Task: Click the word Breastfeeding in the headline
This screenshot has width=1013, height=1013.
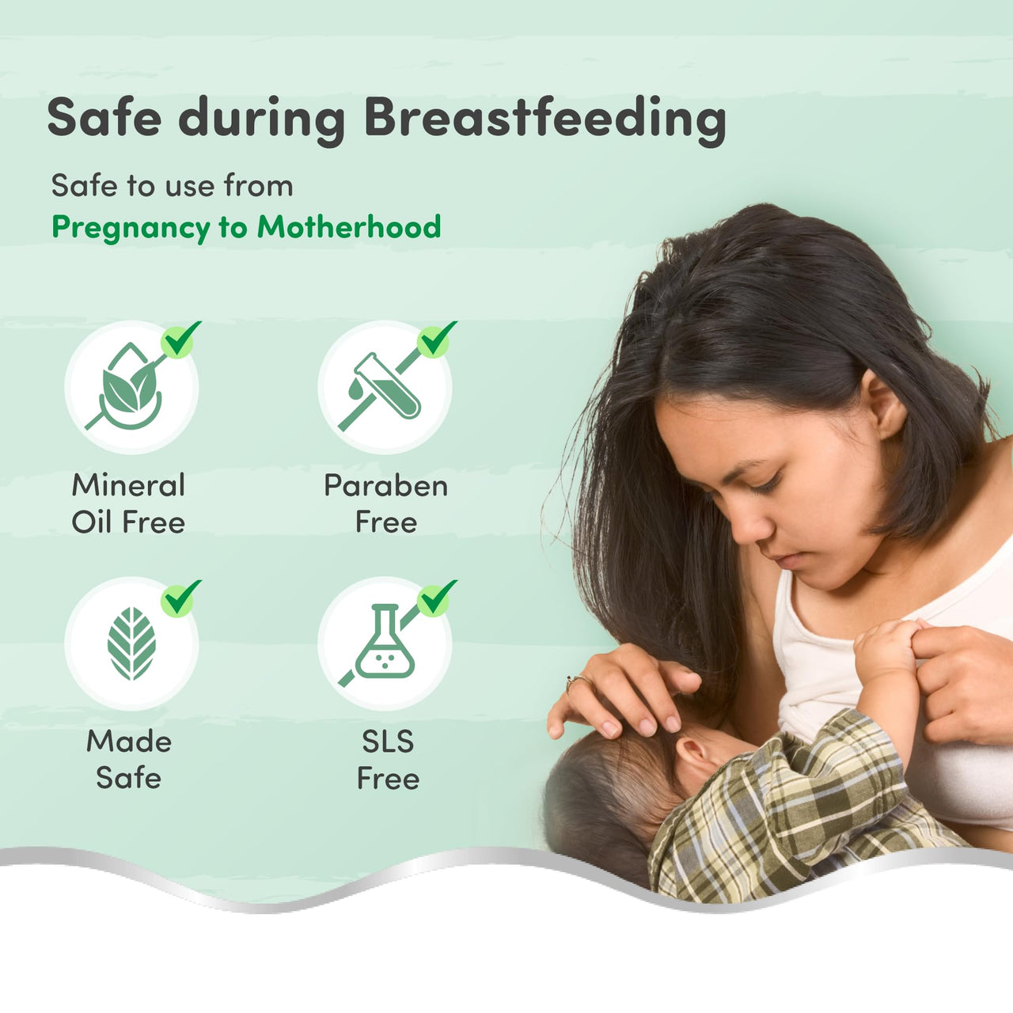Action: [545, 120]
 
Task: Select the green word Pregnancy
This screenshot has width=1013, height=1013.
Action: [131, 229]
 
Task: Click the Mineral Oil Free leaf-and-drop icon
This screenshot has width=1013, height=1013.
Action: [131, 387]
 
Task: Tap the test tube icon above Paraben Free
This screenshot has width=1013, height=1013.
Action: [386, 387]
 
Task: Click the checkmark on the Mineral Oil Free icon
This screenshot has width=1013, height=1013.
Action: [180, 340]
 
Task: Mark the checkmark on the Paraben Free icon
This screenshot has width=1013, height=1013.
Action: [436, 340]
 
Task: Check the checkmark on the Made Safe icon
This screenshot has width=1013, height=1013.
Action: [180, 598]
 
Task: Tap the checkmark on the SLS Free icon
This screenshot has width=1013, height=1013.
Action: [436, 598]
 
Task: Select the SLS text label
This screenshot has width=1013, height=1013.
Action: [388, 742]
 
